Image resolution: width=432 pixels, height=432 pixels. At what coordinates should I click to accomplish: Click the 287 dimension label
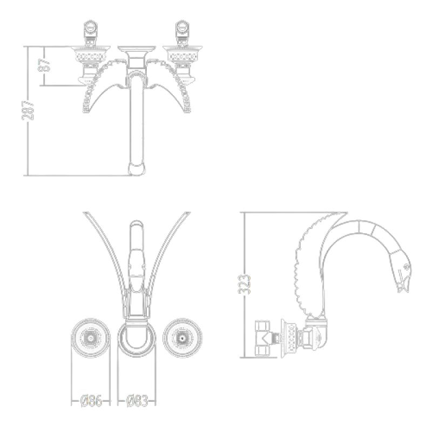28,110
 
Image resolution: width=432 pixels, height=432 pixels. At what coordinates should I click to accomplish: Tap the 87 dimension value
44,65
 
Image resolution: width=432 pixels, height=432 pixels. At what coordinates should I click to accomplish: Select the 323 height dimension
245,285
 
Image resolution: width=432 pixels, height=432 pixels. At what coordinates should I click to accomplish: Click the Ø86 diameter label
91,401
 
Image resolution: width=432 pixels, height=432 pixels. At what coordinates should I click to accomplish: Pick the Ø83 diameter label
137,401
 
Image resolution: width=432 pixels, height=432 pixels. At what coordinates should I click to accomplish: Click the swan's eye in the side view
406,266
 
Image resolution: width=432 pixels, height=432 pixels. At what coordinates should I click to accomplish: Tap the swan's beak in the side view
403,285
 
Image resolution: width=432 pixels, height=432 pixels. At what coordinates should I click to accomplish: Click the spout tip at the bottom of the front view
137,169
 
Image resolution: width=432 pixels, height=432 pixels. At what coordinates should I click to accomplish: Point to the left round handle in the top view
91,338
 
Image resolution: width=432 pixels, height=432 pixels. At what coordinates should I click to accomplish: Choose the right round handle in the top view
183,338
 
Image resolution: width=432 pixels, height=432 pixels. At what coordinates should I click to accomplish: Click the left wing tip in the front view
86,110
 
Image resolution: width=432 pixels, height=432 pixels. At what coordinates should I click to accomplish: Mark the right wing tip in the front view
187,110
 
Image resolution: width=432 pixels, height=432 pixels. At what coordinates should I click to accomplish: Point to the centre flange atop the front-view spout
137,49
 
